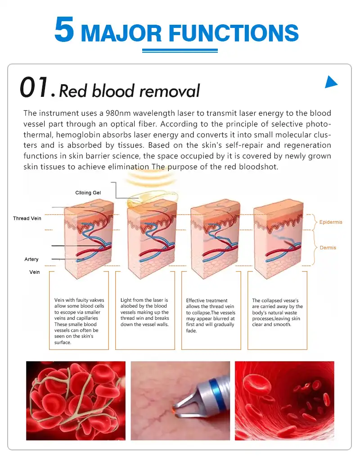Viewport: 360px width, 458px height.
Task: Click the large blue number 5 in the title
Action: (x=64, y=29)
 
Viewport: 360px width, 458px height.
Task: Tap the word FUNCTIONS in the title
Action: (x=234, y=33)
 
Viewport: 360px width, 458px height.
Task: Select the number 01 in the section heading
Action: (x=34, y=87)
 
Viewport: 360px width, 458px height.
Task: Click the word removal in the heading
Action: (x=170, y=91)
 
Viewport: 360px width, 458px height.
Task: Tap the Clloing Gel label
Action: (x=88, y=193)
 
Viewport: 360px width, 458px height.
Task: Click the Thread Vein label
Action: (x=27, y=218)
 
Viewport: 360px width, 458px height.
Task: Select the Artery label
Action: (x=31, y=259)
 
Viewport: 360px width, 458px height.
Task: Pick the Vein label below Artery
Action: (x=35, y=272)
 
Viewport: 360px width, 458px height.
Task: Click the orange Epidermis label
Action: (x=330, y=222)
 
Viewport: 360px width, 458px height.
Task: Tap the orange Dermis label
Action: (x=328, y=248)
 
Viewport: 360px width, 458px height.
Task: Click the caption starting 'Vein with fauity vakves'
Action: (x=79, y=321)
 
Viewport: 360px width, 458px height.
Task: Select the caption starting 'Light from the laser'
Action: (x=144, y=312)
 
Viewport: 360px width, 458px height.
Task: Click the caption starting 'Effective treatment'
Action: (x=210, y=315)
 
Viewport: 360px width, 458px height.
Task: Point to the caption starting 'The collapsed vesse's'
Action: (x=277, y=312)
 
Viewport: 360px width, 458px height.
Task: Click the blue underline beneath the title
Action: (x=180, y=50)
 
